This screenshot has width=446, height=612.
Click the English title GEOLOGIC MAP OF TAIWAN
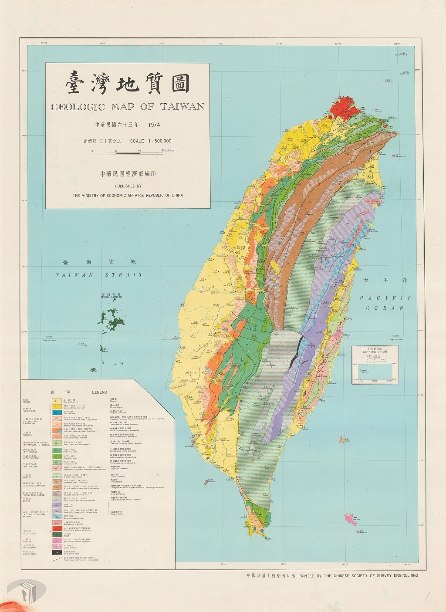tap(127, 107)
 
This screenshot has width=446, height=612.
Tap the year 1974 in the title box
tap(154, 125)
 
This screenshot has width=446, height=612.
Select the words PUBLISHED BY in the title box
tap(128, 186)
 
